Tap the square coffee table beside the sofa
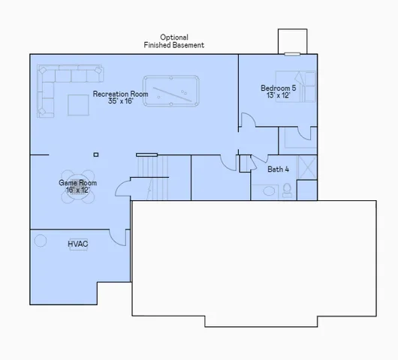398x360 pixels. (x=78, y=105)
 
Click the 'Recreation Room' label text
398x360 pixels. (x=120, y=94)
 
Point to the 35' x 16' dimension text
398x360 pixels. (x=120, y=101)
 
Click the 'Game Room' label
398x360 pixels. (x=77, y=182)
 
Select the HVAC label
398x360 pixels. (x=77, y=244)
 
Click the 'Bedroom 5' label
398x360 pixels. (x=277, y=87)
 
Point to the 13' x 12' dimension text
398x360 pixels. (x=277, y=95)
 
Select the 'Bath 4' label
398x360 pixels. (x=279, y=169)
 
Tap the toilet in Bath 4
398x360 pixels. (x=286, y=190)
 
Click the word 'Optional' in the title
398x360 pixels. (x=174, y=37)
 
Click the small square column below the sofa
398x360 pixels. (x=95, y=154)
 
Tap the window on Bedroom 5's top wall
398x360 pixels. (x=293, y=53)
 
